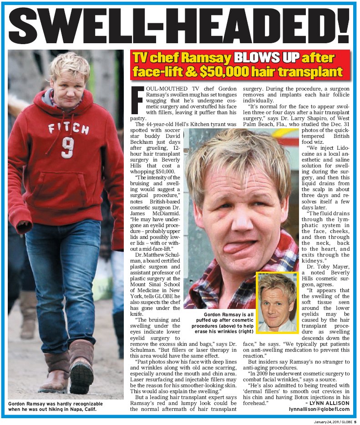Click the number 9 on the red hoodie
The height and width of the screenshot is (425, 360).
67,147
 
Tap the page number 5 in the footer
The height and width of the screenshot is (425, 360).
354,421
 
